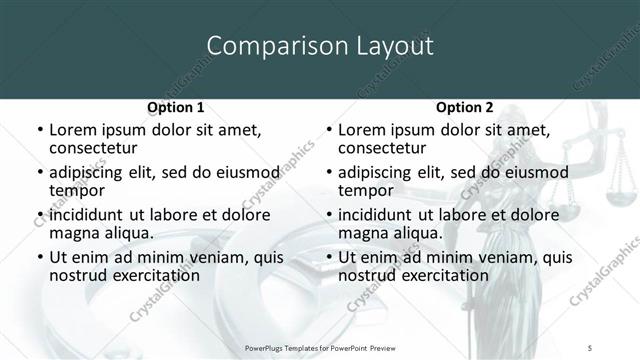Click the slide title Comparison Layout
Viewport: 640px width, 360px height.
coord(319,46)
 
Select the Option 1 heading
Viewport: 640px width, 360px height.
coord(175,107)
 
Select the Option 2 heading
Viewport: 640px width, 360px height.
coord(464,107)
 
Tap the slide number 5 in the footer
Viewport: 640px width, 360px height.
coord(591,344)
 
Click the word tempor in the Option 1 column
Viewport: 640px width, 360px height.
coord(75,191)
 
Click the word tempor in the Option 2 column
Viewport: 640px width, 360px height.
coord(364,191)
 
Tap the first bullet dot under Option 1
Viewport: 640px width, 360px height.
coord(38,131)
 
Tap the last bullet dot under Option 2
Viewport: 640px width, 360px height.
coord(327,257)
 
